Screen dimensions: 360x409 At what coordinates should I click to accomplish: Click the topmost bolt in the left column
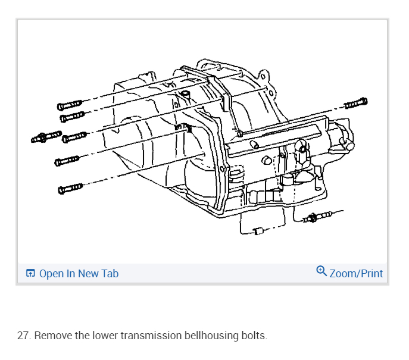click(69, 105)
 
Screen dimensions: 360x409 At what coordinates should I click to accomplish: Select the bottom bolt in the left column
click(70, 189)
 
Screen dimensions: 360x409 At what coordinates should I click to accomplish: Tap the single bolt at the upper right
click(355, 104)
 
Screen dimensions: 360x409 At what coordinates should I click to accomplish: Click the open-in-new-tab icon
click(31, 274)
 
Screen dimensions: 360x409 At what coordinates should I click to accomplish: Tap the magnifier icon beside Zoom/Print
click(321, 272)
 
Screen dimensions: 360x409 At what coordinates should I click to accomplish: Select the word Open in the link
click(51, 274)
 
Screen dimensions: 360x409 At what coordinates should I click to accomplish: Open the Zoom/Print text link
click(356, 274)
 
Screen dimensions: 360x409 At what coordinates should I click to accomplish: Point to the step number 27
click(23, 336)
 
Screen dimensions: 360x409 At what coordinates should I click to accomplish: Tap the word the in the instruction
click(83, 336)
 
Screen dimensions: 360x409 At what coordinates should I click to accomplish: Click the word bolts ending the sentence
click(255, 336)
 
